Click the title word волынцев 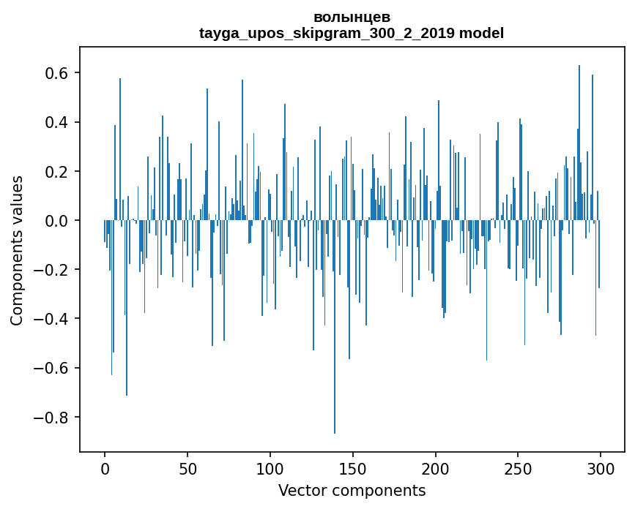coord(352,18)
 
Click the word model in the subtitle coord(481,33)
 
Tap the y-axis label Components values coord(17,251)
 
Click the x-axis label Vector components coord(352,491)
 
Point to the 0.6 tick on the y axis coord(56,73)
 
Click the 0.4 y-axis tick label coord(56,123)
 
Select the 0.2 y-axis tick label coord(56,171)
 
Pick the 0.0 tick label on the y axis coord(56,221)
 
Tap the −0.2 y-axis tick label coord(51,270)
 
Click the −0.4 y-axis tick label coord(51,319)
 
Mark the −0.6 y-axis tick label coord(51,368)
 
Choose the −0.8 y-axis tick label coord(51,418)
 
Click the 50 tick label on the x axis coord(187,470)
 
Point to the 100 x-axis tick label coord(270,470)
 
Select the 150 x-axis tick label coord(353,470)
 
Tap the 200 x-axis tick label coord(435,470)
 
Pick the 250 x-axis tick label coord(518,470)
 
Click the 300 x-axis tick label coord(601,470)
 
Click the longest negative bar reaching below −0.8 coord(335,327)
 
